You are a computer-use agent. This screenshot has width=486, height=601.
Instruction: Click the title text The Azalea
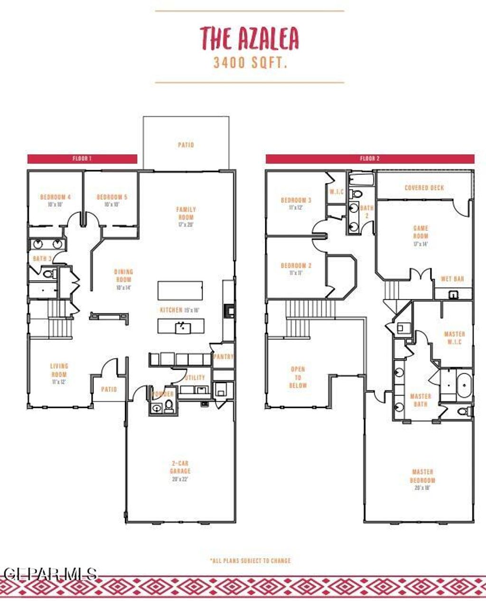click(x=249, y=39)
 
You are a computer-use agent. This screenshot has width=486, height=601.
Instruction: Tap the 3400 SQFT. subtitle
click(x=250, y=63)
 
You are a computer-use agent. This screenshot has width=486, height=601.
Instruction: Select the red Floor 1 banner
click(x=82, y=159)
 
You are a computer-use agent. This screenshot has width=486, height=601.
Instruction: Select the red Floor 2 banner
click(x=370, y=159)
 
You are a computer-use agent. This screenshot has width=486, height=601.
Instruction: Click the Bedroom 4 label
click(x=56, y=200)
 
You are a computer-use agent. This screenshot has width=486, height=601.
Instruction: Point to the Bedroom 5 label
click(x=112, y=200)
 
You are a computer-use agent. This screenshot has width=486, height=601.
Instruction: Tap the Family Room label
click(x=186, y=216)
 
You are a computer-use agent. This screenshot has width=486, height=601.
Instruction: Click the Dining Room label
click(x=123, y=279)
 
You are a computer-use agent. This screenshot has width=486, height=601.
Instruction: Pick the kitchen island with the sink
click(x=181, y=326)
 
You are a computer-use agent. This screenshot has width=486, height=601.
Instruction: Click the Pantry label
click(x=223, y=357)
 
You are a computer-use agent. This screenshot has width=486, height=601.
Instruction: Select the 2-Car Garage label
click(x=180, y=471)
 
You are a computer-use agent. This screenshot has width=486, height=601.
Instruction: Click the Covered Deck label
click(x=424, y=188)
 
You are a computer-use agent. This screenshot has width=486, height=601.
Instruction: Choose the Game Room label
click(x=421, y=235)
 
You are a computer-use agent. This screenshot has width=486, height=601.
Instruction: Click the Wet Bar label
click(x=452, y=279)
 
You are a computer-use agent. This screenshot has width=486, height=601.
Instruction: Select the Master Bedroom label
click(x=422, y=479)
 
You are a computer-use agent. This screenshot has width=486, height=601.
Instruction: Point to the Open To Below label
click(x=298, y=377)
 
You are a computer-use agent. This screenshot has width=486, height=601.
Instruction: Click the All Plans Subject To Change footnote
click(x=250, y=561)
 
